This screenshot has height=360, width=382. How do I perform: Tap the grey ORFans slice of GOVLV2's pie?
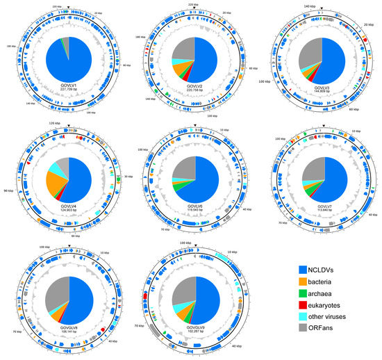(182, 49)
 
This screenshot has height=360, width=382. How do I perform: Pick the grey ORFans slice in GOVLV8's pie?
(56, 288)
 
